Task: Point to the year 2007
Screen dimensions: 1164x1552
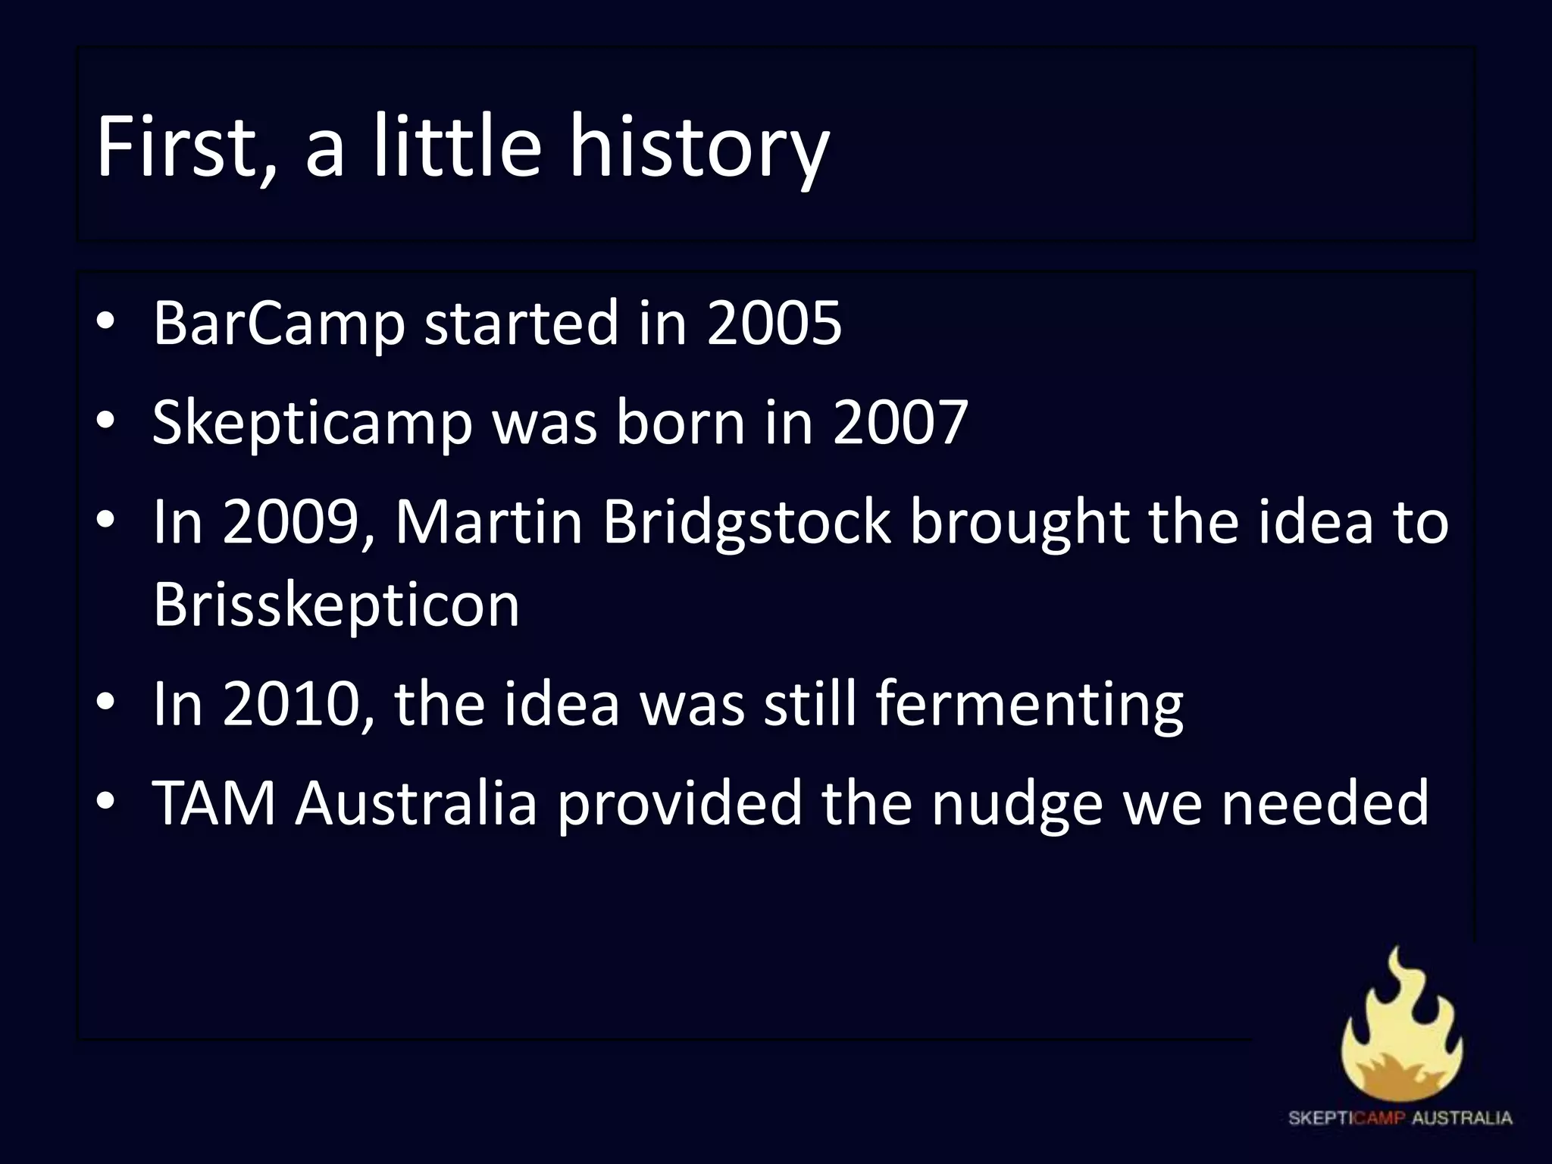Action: point(900,422)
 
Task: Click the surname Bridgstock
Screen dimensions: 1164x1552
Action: point(746,523)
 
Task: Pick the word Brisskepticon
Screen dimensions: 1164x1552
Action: point(336,605)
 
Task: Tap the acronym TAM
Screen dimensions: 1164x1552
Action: point(214,803)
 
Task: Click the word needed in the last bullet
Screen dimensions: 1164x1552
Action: point(1325,803)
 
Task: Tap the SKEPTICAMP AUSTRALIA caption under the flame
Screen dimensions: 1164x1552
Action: point(1400,1118)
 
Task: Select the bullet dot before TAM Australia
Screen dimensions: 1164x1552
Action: point(105,803)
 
